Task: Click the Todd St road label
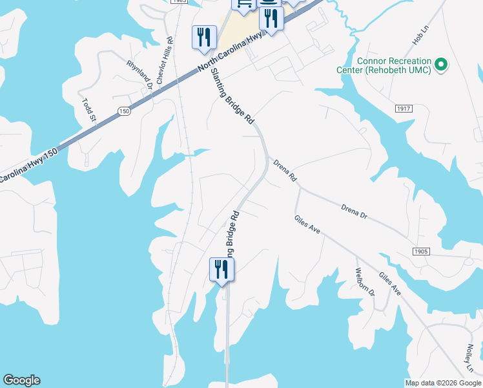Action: coord(89,110)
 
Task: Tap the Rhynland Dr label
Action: coord(139,74)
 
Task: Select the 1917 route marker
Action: coord(405,109)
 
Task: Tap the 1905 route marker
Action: coord(420,251)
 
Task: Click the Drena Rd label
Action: coord(284,169)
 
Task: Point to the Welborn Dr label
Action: coord(364,282)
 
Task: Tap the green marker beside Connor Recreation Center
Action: coord(442,65)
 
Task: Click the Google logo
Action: coord(21,380)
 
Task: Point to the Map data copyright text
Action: coord(443,383)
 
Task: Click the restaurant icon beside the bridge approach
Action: coord(221,269)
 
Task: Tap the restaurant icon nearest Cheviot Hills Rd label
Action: coord(204,37)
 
